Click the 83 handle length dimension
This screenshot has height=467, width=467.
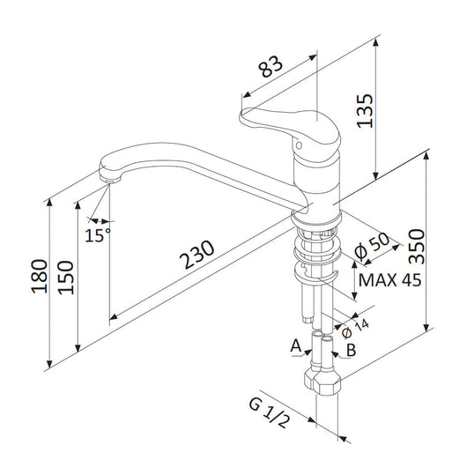click(x=271, y=67)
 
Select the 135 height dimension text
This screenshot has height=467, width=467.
click(x=365, y=111)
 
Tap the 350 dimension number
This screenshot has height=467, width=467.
click(x=417, y=247)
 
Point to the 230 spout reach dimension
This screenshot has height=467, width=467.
click(x=196, y=254)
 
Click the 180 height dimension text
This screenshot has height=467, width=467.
click(x=40, y=277)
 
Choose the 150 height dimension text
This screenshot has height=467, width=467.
click(x=65, y=278)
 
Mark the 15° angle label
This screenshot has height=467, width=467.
click(x=98, y=235)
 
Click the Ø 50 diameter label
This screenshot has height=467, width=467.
click(x=372, y=246)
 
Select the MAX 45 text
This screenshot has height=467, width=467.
click(x=389, y=280)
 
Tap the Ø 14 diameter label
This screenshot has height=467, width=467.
click(x=355, y=329)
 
